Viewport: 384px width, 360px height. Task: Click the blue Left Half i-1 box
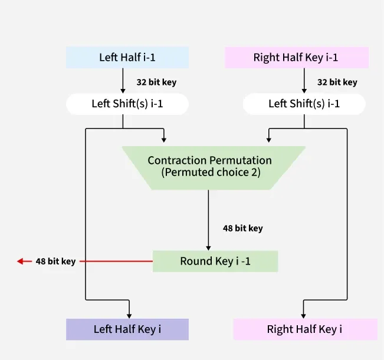coord(127,58)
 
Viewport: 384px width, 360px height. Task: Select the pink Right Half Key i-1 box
coord(296,58)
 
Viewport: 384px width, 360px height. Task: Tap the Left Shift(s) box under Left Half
coord(127,104)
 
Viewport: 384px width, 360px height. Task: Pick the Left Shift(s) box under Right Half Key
coord(304,104)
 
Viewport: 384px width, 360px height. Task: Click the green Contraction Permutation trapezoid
coord(209,167)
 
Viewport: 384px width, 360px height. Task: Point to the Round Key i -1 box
coord(215,261)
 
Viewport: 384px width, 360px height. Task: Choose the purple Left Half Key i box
coord(127,329)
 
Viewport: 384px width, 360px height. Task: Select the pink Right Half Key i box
coord(304,329)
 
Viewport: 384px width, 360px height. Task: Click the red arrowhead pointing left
coord(21,261)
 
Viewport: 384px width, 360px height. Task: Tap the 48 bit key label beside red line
coord(55,261)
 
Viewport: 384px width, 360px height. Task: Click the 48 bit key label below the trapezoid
coord(242,228)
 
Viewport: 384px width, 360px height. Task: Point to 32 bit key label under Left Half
coord(156,82)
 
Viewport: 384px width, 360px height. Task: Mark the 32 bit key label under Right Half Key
coord(337,82)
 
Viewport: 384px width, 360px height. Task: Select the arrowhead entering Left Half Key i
coord(129,315)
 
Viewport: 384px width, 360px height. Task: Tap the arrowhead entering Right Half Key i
coord(304,315)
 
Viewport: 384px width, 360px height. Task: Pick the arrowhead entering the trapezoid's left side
coord(163,139)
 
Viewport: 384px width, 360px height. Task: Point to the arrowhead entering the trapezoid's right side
coord(269,139)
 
